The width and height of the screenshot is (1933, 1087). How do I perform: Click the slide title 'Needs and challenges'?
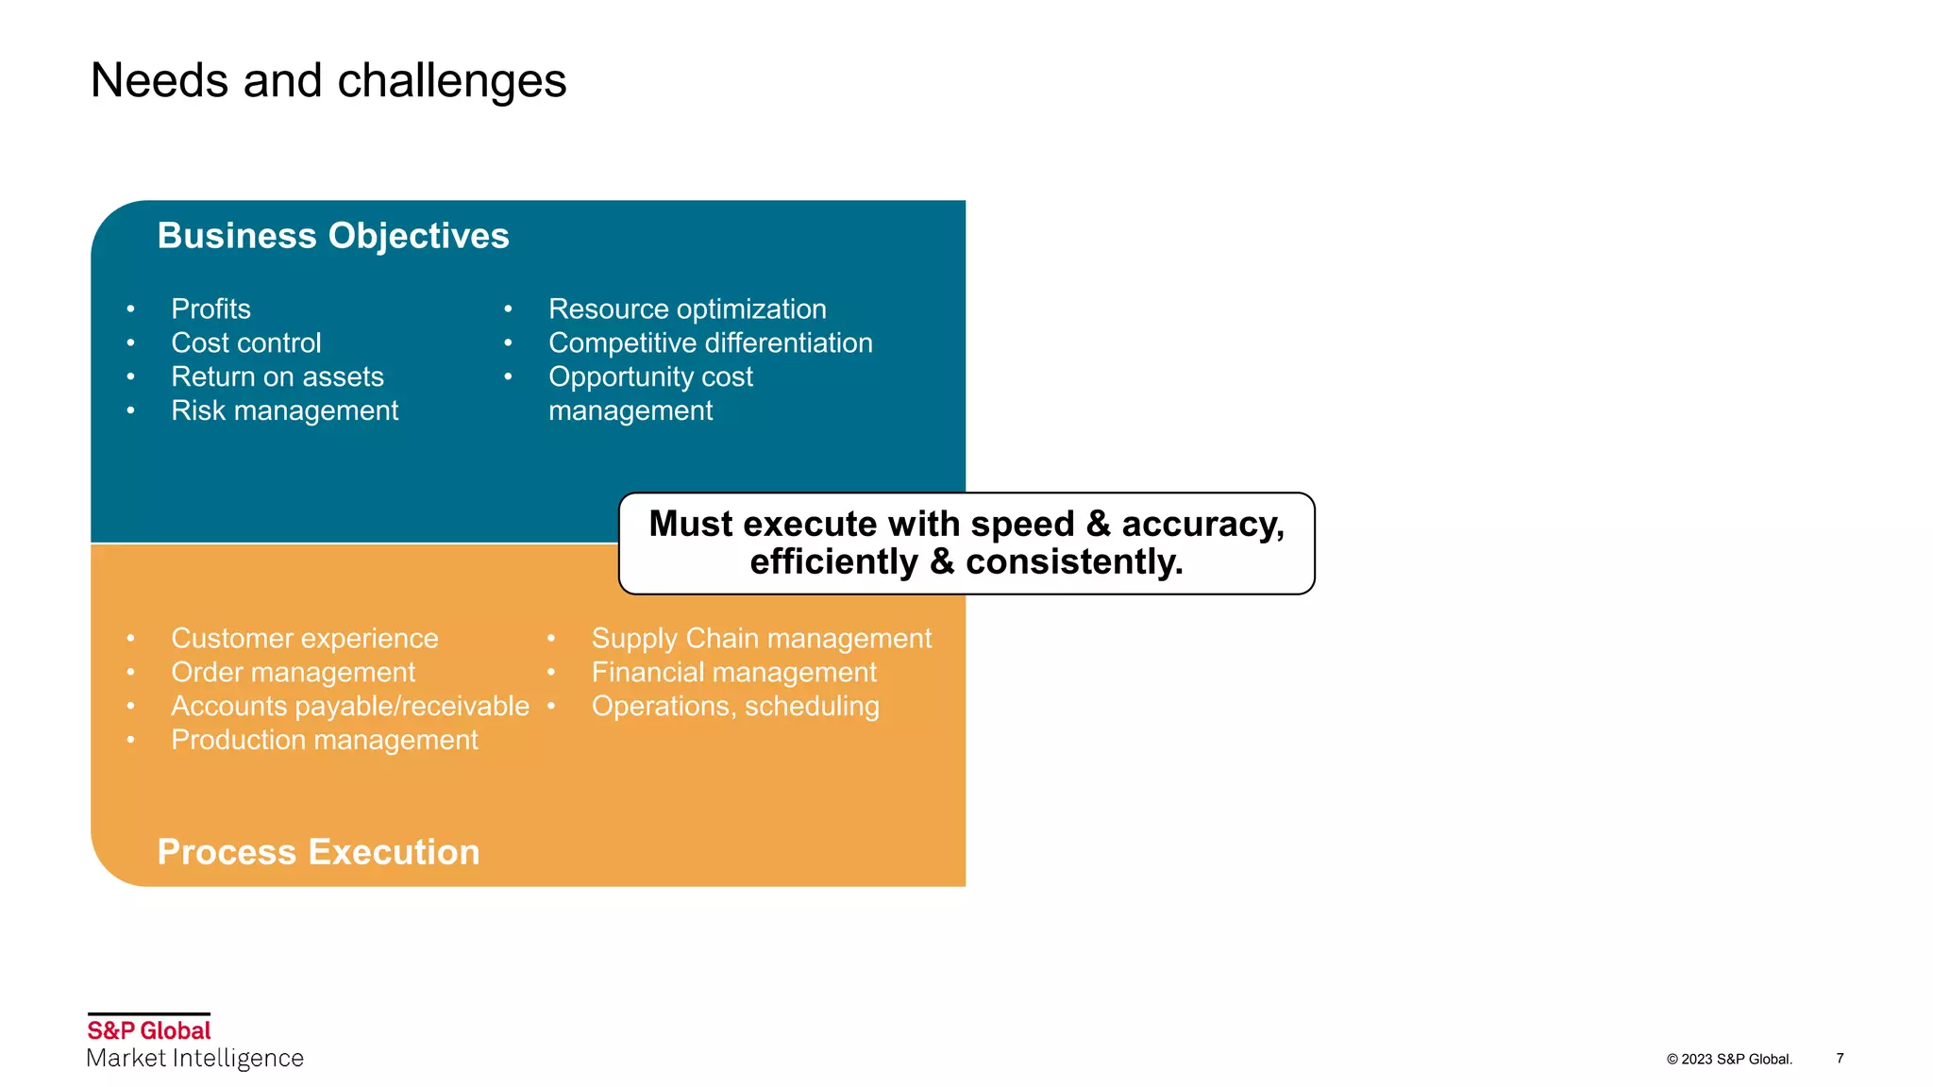[328, 81]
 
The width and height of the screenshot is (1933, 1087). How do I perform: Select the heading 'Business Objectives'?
[332, 236]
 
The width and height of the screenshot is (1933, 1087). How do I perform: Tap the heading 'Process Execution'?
[318, 852]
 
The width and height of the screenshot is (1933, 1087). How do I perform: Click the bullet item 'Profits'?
[210, 309]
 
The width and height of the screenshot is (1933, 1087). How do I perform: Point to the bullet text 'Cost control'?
[245, 343]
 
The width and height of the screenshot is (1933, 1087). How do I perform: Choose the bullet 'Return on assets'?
[277, 377]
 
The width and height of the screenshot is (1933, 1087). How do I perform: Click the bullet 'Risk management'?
[284, 411]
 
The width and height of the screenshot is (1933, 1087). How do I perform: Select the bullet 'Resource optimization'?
[686, 309]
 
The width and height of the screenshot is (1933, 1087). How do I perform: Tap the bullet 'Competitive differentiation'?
[710, 343]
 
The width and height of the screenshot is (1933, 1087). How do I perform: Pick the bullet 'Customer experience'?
[304, 639]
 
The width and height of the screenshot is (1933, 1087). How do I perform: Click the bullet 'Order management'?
[293, 673]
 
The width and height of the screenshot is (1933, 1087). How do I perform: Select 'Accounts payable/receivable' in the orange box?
[349, 707]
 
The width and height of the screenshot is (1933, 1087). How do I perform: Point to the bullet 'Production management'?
[324, 741]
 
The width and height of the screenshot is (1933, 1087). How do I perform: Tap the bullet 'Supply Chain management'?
[761, 639]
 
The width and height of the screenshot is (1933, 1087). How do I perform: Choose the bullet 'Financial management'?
[733, 673]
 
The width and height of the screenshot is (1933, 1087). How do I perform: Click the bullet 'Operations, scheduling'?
[734, 707]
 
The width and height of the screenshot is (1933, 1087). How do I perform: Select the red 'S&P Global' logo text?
[149, 1030]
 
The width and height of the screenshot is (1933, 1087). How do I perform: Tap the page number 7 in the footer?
[1840, 1058]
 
